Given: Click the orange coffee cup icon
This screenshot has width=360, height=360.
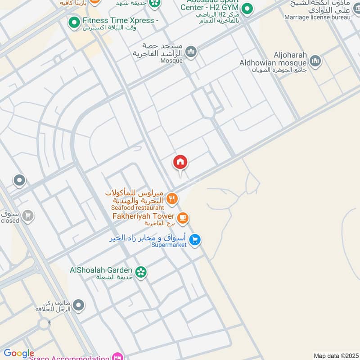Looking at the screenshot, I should click(x=182, y=218).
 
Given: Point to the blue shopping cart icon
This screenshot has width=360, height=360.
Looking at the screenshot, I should click(x=194, y=239).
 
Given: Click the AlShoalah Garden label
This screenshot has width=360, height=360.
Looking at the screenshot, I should click(x=101, y=270).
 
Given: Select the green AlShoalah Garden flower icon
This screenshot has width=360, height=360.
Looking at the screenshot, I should click(x=141, y=272).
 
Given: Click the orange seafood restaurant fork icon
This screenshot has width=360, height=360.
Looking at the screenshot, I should click(x=171, y=198).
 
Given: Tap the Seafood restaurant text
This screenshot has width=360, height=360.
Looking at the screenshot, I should click(x=137, y=208).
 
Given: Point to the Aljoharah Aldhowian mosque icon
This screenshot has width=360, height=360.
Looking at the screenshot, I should click(x=315, y=61).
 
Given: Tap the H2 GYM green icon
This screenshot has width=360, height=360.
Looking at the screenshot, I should click(x=247, y=8).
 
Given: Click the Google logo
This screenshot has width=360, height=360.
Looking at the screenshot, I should click(x=19, y=353).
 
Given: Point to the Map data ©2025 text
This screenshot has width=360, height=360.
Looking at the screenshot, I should click(x=336, y=356).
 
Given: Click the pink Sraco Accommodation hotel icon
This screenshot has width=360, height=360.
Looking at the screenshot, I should click(x=118, y=356).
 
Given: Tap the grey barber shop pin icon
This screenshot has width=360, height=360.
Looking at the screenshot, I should click(x=78, y=306).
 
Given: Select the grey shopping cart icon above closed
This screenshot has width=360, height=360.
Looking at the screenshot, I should click(x=28, y=216).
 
